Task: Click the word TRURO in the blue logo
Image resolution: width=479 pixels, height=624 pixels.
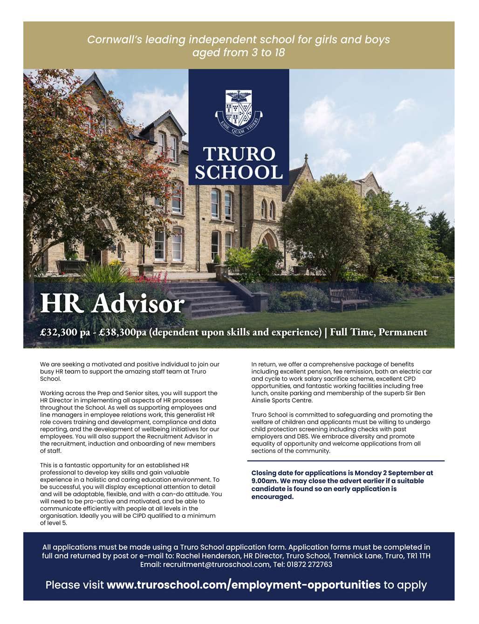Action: click(239, 154)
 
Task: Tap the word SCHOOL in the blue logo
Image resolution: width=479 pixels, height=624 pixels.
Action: click(239, 171)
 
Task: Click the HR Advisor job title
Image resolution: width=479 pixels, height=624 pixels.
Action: click(112, 303)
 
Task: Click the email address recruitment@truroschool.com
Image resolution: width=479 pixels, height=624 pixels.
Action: click(216, 564)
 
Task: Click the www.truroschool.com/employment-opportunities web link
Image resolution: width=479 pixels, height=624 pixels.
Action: click(244, 585)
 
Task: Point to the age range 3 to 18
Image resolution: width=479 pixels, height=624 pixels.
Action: click(267, 53)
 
